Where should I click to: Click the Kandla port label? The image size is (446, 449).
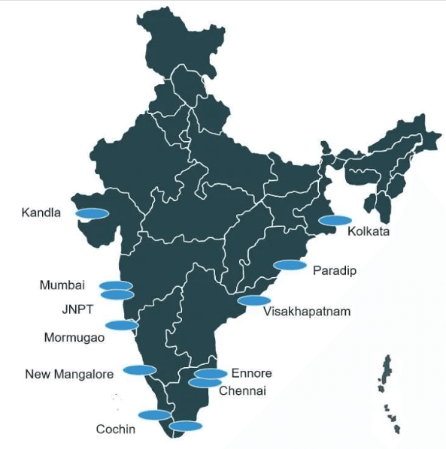coord(41,212)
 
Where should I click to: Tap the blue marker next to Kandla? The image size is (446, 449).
coord(92,213)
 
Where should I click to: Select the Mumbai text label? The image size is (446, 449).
coord(62,285)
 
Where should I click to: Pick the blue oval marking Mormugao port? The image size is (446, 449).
coord(121,325)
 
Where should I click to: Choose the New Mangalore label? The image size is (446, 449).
coord(69,374)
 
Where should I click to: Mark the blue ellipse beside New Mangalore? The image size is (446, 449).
coord(139,369)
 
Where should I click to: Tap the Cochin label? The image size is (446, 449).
coord(116,429)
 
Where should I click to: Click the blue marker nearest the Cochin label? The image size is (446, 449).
coord(154,414)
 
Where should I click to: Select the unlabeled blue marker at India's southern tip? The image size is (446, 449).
coord(186,426)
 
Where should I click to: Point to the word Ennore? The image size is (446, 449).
coord(251,373)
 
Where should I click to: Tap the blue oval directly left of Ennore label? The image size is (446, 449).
coord(211,373)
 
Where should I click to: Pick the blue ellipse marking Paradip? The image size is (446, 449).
coord(290,265)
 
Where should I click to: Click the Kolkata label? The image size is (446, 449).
coord(369,232)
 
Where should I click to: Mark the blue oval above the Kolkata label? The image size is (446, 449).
coord(335,220)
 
